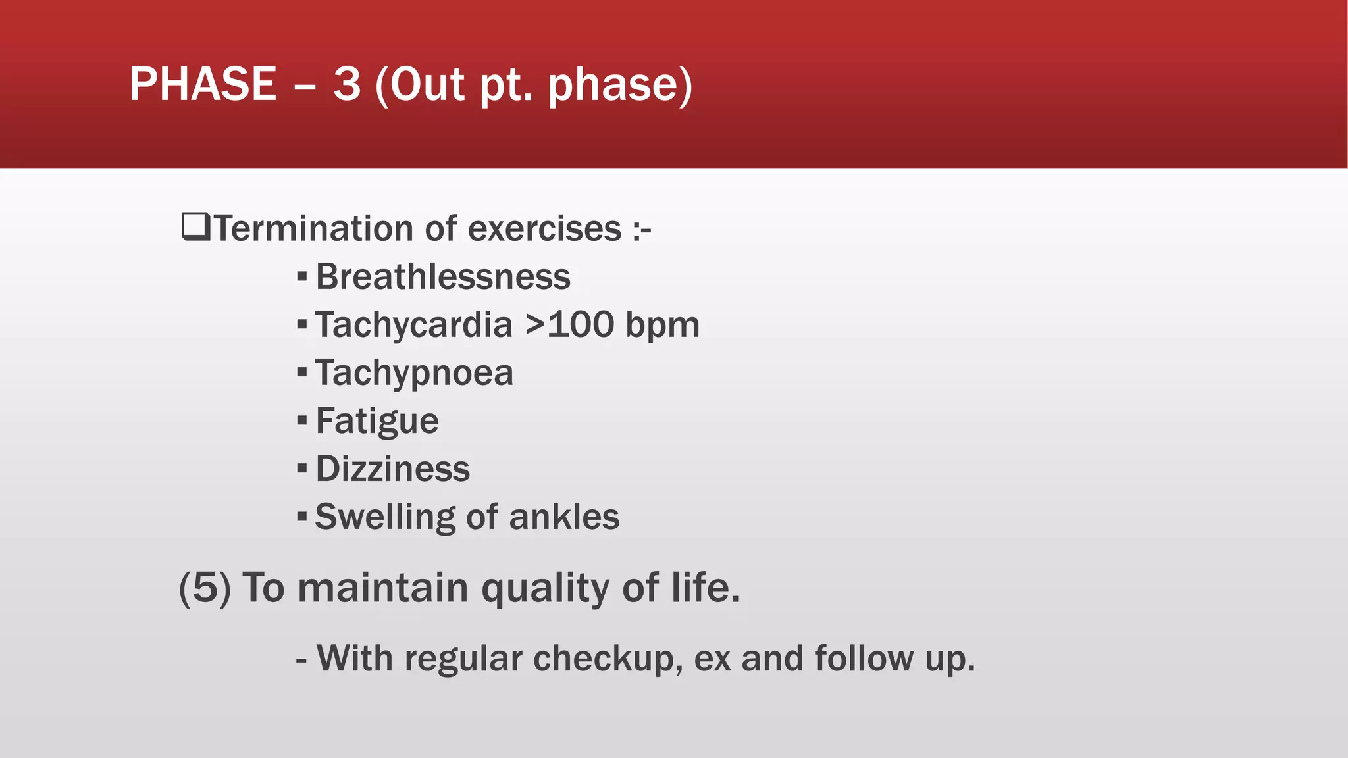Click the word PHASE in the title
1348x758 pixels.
(x=203, y=84)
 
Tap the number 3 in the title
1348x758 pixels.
(x=347, y=84)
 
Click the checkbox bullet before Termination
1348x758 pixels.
(x=195, y=227)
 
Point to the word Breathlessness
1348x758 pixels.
(x=443, y=276)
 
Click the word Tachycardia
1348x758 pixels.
(x=413, y=325)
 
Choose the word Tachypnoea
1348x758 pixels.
(x=414, y=373)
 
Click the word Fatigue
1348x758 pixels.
(x=377, y=421)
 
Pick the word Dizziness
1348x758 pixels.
(x=393, y=469)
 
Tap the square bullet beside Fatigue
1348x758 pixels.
(x=302, y=420)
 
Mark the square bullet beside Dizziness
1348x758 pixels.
(x=302, y=468)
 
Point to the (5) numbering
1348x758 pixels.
(x=205, y=587)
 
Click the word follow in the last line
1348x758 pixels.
(x=864, y=658)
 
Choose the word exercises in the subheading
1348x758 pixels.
(x=544, y=229)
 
